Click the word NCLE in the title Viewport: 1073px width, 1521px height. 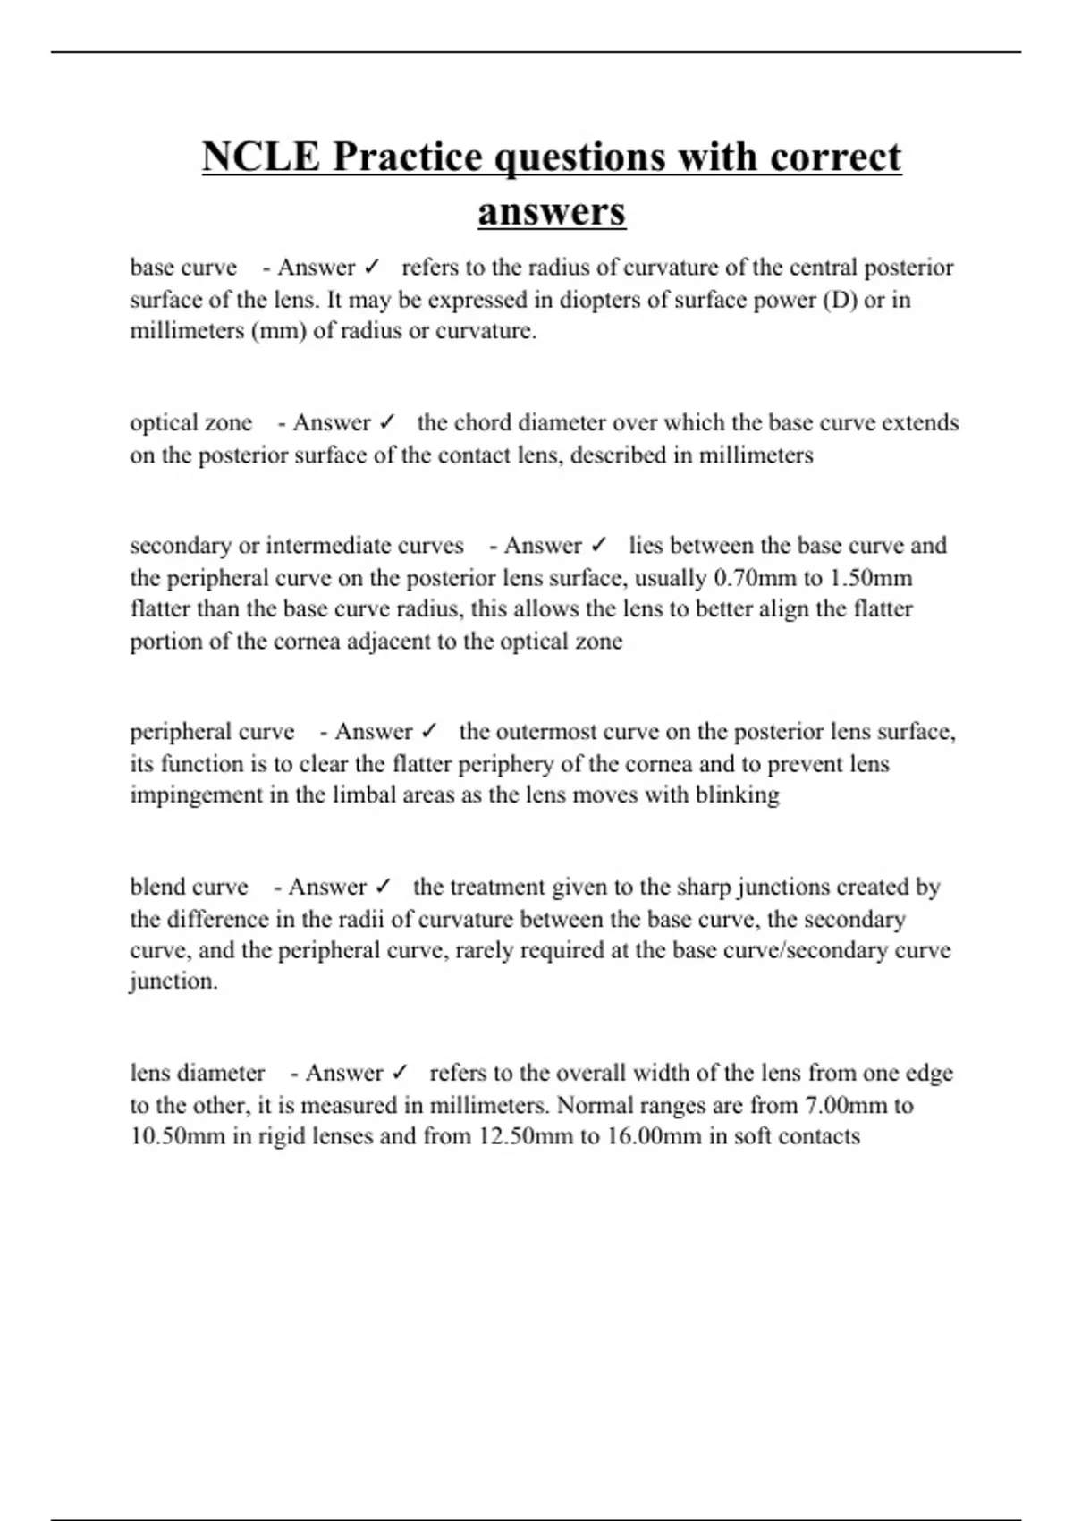(260, 157)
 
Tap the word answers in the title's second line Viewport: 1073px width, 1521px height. (552, 212)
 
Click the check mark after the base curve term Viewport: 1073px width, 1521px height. (373, 268)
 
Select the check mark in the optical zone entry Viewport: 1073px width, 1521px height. (388, 422)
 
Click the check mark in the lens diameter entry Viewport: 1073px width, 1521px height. (400, 1073)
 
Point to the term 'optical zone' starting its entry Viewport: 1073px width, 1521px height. (191, 422)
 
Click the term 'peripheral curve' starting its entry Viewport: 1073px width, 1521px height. (212, 732)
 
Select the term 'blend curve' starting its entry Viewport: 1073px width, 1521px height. (189, 887)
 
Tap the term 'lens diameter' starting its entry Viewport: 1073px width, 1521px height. (198, 1073)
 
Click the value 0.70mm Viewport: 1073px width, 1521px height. (756, 578)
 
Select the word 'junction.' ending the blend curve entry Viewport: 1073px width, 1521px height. (173, 981)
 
